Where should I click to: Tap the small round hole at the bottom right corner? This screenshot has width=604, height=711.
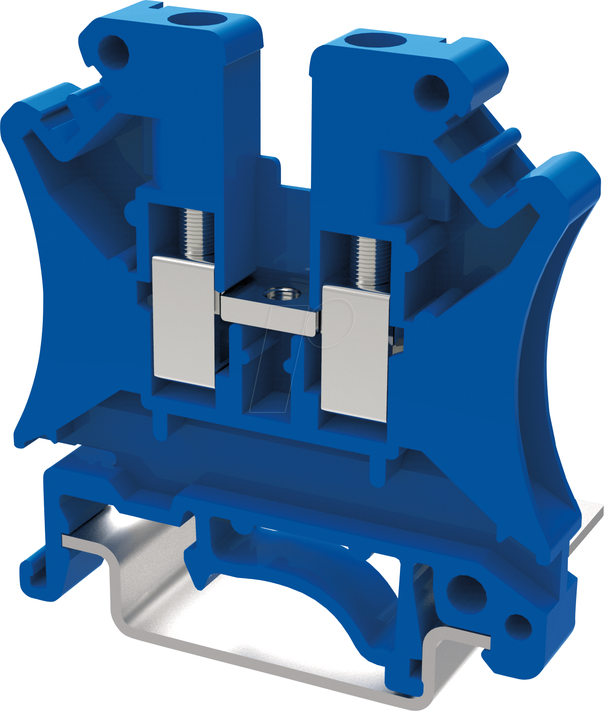click(519, 627)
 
